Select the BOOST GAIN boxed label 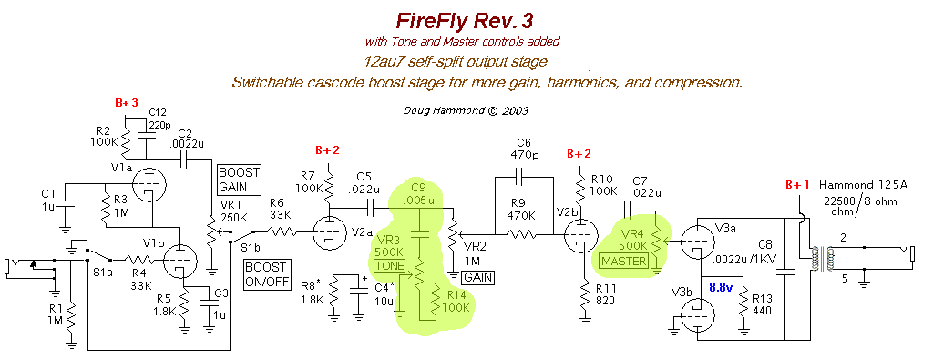(239, 179)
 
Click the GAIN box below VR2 (477, 276)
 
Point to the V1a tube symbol (147, 186)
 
